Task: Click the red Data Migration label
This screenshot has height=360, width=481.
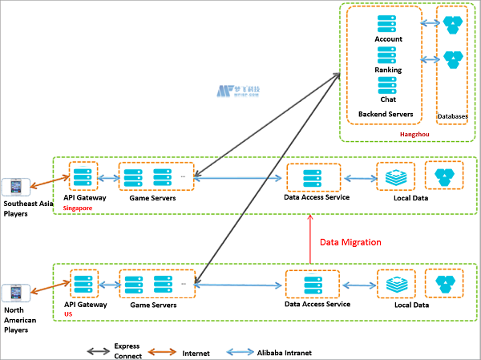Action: pos(351,241)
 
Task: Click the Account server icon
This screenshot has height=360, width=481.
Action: pos(389,24)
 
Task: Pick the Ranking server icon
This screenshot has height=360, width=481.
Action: pos(389,55)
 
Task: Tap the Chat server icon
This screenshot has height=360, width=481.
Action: pos(389,85)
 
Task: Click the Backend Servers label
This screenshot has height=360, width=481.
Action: pos(386,114)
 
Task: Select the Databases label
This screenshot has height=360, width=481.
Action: pos(453,116)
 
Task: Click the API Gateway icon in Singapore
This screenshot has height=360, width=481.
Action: pos(83,176)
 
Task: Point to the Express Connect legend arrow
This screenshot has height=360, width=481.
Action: pos(101,350)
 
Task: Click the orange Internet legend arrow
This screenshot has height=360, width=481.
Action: pos(164,350)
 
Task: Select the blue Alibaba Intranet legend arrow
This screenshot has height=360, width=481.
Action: pos(240,350)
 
